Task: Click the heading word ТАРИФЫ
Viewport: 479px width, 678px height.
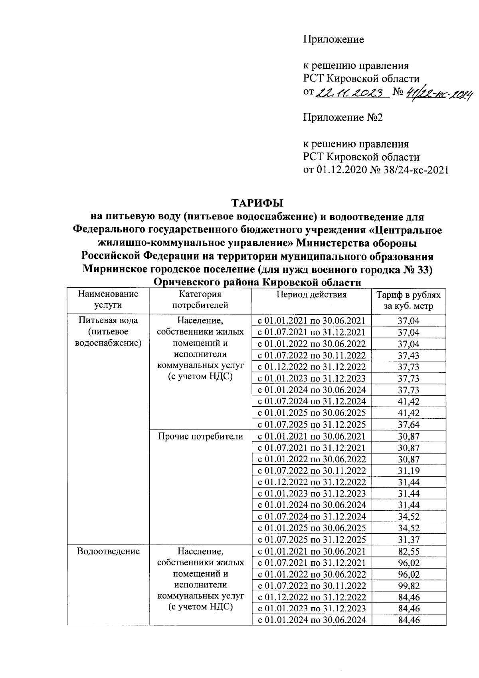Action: pyautogui.click(x=257, y=203)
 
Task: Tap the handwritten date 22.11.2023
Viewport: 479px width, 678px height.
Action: pyautogui.click(x=352, y=93)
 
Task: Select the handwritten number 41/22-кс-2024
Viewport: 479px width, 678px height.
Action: pyautogui.click(x=438, y=94)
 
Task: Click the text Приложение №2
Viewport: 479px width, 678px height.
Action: pyautogui.click(x=343, y=117)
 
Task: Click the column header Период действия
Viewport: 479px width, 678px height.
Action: pyautogui.click(x=311, y=295)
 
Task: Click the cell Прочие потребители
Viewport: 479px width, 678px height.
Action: pyautogui.click(x=200, y=436)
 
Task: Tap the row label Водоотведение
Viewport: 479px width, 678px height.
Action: pyautogui.click(x=108, y=551)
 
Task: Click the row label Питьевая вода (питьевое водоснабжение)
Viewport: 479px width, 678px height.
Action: pyautogui.click(x=108, y=332)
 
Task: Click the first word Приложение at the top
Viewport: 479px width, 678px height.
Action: pyautogui.click(x=334, y=40)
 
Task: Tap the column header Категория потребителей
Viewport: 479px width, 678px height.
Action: pyautogui.click(x=200, y=300)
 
